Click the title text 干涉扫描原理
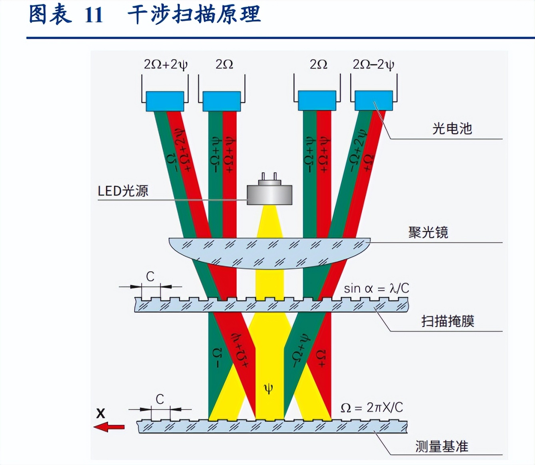tap(194, 15)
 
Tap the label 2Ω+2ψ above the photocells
tap(165, 64)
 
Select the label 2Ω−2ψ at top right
tap(373, 64)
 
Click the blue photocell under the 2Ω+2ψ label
tap(165, 101)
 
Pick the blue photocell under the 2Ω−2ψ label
tap(373, 101)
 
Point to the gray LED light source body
tap(269, 195)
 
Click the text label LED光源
tap(123, 191)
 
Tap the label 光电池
tap(452, 129)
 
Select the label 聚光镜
tap(428, 232)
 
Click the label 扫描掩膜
tap(447, 321)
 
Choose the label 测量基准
tap(441, 446)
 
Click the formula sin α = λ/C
tap(376, 288)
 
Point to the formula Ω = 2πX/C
tap(371, 408)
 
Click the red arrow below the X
tap(109, 427)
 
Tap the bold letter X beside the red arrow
tap(101, 413)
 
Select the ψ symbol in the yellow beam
tap(269, 388)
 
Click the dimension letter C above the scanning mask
tap(150, 276)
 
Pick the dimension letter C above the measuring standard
tap(160, 399)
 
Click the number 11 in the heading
tap(94, 15)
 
